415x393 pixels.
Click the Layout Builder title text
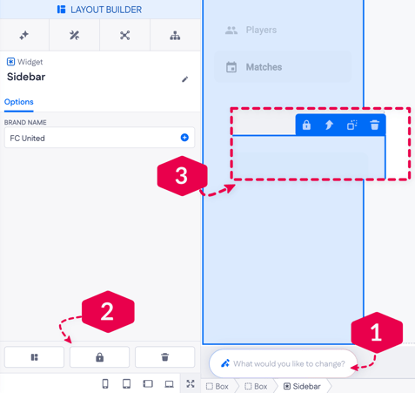pos(106,10)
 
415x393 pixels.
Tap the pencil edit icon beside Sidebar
pos(184,79)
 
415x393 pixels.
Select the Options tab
pos(19,102)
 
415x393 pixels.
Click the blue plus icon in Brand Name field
pos(184,138)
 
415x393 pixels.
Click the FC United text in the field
pos(27,138)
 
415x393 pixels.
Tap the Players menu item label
pos(261,30)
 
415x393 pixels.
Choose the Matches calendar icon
pos(231,67)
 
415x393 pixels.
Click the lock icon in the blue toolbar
pos(306,125)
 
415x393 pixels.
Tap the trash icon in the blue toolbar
pos(374,125)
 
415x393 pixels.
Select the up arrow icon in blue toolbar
pos(329,125)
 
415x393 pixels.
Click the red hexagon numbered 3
pos(183,176)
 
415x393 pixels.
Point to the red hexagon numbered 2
pos(108,312)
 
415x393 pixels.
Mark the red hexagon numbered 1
pos(377,333)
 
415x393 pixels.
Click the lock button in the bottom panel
pos(99,357)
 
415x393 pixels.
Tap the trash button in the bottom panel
pos(164,357)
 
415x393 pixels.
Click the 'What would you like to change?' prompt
pos(289,363)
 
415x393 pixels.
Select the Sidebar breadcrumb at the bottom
pos(302,386)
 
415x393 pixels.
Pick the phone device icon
pos(105,383)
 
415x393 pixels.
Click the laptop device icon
pos(169,384)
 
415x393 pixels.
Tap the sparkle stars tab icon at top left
pos(24,36)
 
